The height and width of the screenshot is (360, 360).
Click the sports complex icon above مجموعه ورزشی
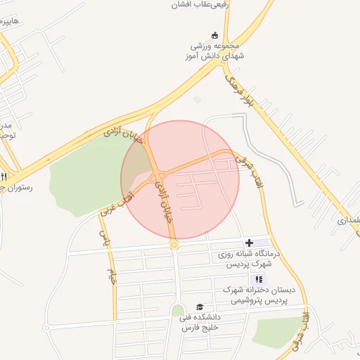point(214,36)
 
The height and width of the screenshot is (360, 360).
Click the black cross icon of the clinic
point(250,243)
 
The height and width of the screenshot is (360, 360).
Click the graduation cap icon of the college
point(199,307)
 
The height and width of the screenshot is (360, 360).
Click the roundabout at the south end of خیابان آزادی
point(174,245)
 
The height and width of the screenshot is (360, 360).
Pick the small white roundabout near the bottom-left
point(46,328)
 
